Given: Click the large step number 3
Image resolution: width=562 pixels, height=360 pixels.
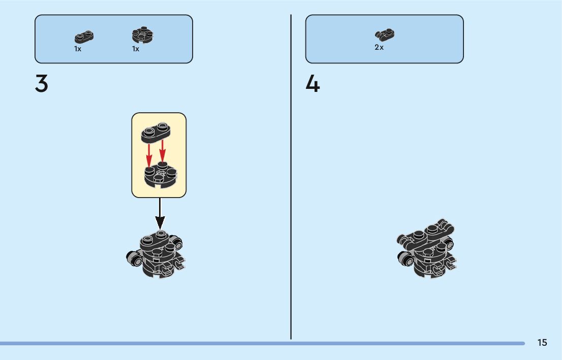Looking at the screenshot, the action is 42,84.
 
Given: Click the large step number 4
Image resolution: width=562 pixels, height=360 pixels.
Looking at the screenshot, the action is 313,84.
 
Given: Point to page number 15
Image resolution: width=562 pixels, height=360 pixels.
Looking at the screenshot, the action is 542,343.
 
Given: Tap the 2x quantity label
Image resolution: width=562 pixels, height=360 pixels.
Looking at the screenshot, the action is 379,47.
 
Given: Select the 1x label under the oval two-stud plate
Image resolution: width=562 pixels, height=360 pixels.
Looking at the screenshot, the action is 78,49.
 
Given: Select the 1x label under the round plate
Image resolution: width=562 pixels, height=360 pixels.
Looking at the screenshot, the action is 136,49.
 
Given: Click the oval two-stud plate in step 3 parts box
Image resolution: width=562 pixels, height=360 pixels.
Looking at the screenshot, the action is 84,37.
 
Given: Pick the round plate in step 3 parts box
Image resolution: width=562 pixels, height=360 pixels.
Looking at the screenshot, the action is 143,36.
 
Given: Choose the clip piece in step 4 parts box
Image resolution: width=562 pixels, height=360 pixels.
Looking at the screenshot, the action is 385,35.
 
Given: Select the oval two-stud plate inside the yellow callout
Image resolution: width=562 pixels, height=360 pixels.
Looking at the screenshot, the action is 155,132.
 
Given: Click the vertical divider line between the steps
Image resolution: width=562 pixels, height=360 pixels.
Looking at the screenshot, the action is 291,178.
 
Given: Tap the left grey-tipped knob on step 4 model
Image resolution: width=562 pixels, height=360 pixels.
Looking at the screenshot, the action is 405,258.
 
